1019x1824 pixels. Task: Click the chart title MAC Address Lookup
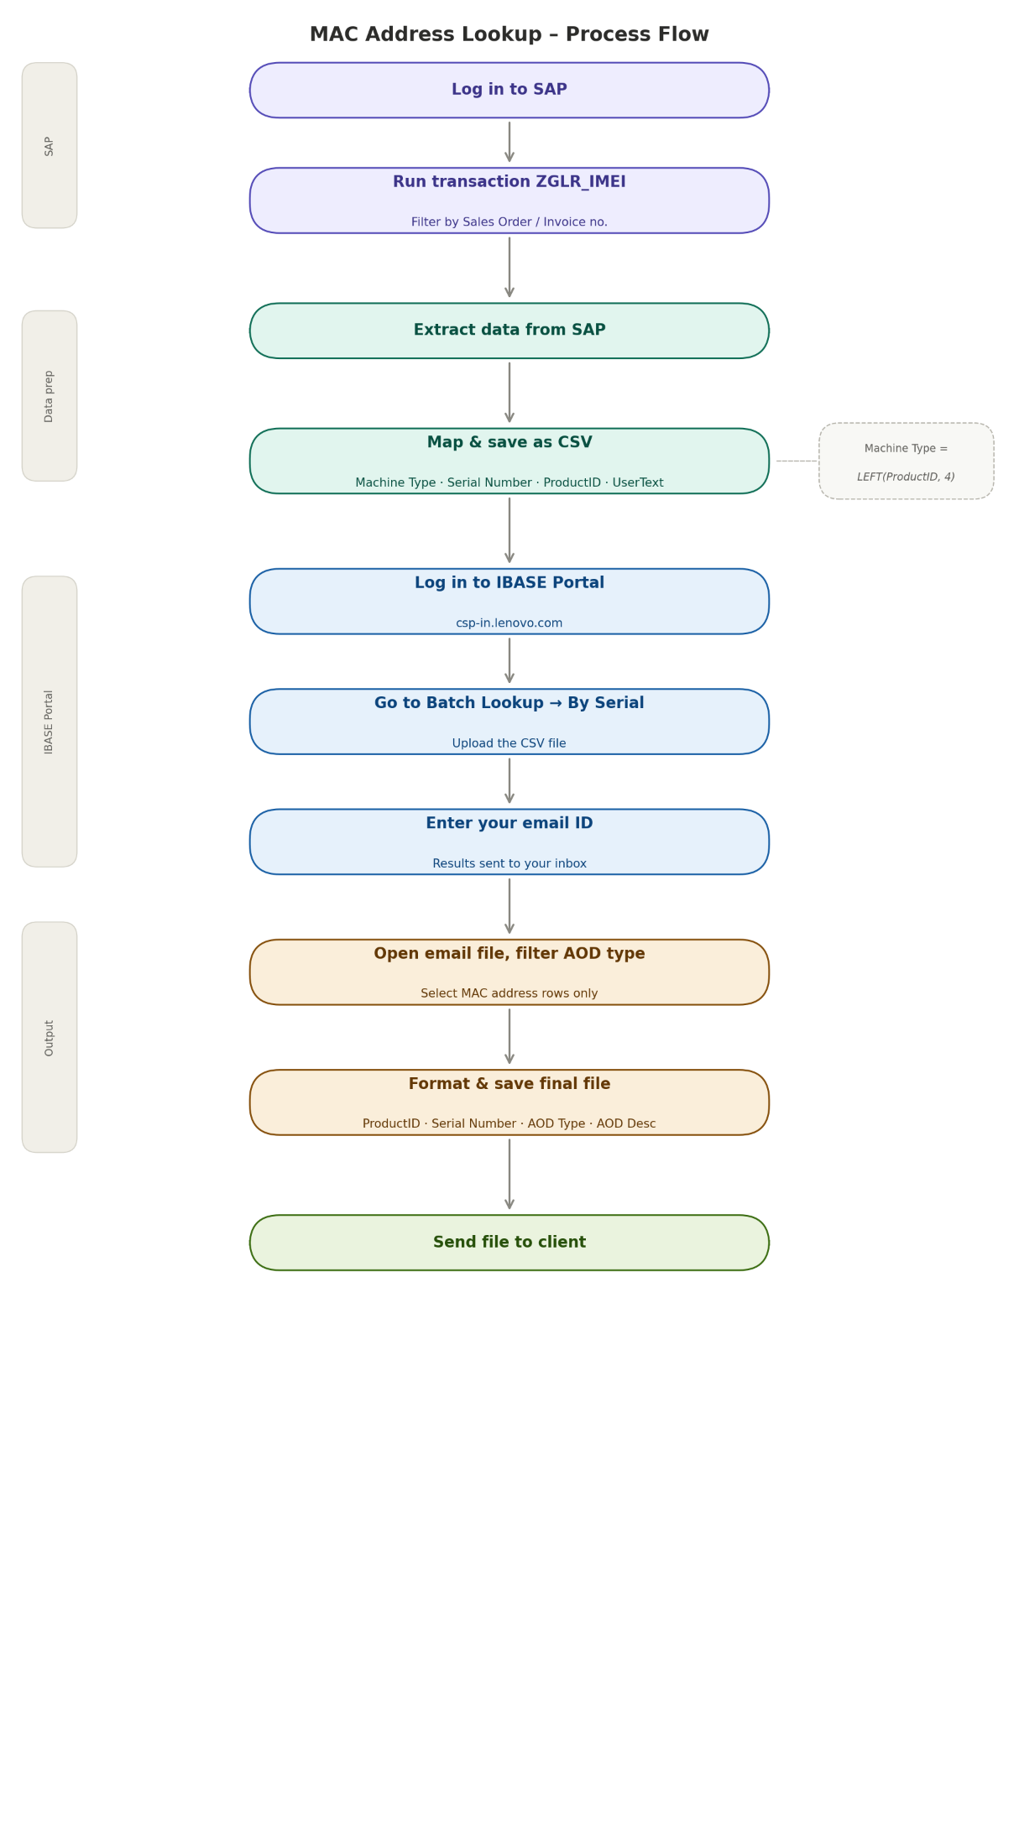(509, 34)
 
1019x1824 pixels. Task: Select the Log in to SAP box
(509, 90)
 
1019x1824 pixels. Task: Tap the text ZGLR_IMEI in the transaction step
(580, 182)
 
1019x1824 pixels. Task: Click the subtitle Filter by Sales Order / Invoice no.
(509, 222)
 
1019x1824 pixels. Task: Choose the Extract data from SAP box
(509, 331)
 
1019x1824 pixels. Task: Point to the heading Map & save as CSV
(509, 442)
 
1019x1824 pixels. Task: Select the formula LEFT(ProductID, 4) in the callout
(906, 477)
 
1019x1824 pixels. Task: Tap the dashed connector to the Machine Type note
(796, 461)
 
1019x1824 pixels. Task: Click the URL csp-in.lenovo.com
(509, 623)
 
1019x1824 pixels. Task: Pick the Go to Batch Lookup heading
(509, 703)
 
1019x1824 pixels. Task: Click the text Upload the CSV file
(509, 743)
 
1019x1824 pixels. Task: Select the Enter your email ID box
(509, 841)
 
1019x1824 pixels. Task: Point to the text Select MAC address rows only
(509, 993)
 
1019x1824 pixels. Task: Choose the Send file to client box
(509, 1243)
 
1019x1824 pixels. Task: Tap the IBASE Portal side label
(50, 722)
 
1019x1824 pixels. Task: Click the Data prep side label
(50, 396)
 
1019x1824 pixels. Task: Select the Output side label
(50, 1038)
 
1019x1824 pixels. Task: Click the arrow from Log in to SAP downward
(509, 142)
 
